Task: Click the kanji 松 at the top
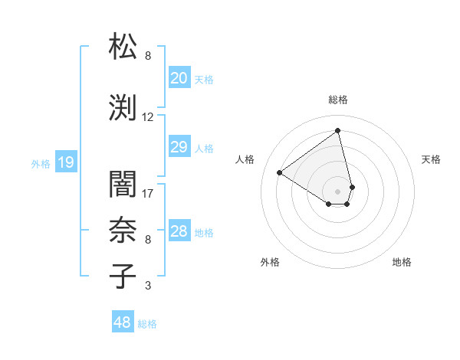point(123,46)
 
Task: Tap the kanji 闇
point(123,183)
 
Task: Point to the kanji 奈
point(123,229)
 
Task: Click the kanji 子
point(123,276)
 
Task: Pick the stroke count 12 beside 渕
point(148,117)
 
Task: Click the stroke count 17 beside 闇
point(148,193)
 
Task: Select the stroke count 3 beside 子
point(148,286)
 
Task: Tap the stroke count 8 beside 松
point(148,56)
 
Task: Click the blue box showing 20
point(179,78)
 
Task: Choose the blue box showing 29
point(179,147)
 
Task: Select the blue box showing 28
point(179,231)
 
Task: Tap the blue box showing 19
point(65,162)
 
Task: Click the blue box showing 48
point(123,322)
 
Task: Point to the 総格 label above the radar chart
point(337,100)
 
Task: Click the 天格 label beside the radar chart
point(431,159)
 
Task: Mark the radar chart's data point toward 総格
point(337,130)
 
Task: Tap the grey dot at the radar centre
point(337,191)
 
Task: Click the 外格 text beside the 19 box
point(41,163)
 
